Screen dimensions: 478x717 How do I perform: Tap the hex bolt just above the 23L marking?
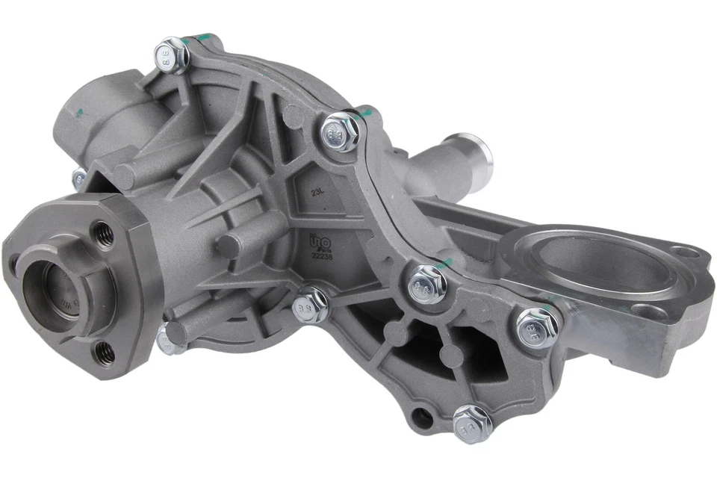point(343,131)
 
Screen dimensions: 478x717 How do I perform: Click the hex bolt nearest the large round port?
point(536,325)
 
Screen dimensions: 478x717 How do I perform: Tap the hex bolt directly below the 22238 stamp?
point(310,304)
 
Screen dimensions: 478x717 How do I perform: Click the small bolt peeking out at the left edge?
point(78,178)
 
